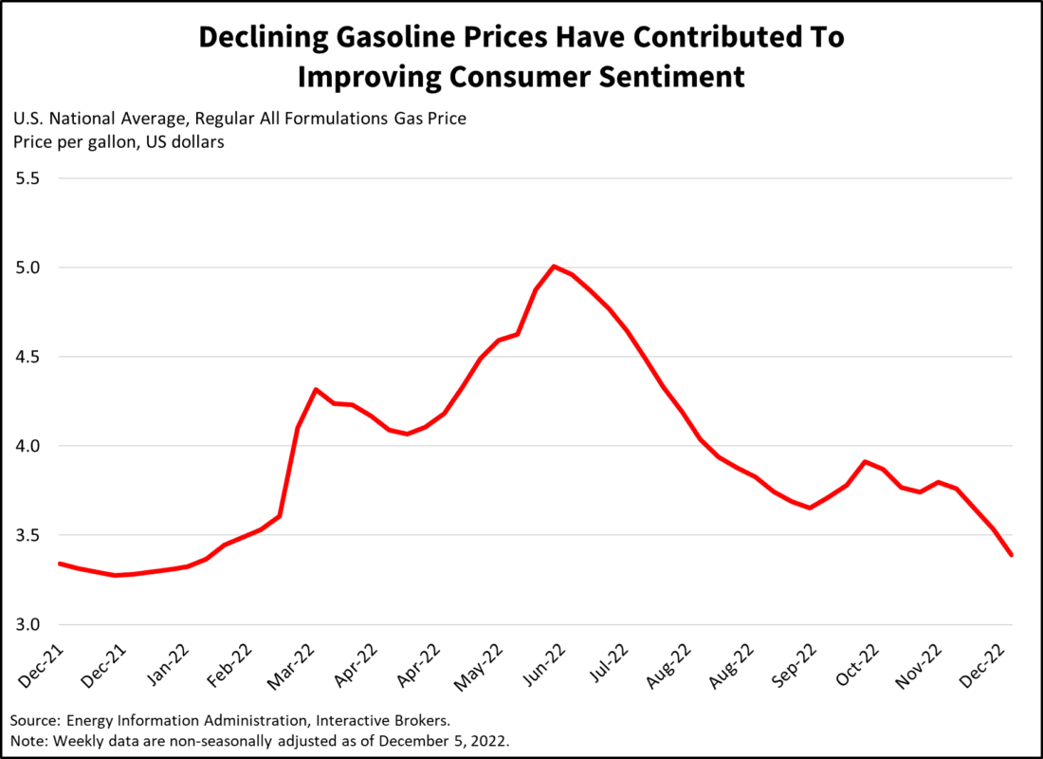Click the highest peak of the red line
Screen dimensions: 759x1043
(554, 267)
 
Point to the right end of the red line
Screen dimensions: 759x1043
(1012, 555)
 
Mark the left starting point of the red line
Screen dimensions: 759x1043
(60, 564)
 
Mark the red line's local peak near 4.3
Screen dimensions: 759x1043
(316, 389)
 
